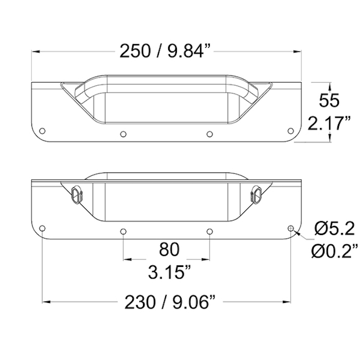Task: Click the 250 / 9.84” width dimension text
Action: click(x=161, y=51)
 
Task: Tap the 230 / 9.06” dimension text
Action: click(x=170, y=302)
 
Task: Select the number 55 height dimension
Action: click(x=329, y=100)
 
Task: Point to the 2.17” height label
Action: click(x=329, y=123)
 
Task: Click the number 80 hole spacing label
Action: click(x=169, y=249)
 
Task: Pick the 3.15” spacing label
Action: click(x=169, y=272)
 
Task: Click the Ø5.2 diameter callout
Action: click(x=334, y=229)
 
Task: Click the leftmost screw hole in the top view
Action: click(x=42, y=131)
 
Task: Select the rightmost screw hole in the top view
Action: click(x=291, y=131)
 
